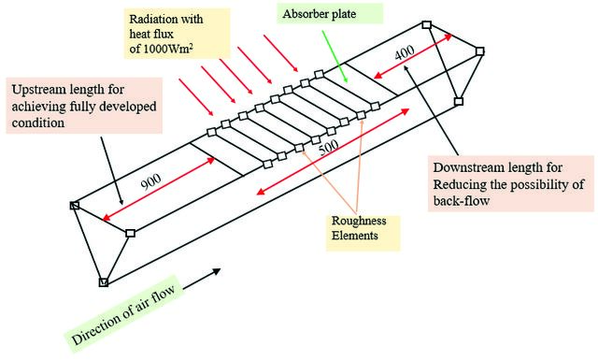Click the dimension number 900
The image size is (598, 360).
click(x=151, y=181)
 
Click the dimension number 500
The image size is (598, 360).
click(x=328, y=147)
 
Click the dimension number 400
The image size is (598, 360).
click(x=405, y=52)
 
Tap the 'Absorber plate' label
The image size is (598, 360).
click(x=320, y=14)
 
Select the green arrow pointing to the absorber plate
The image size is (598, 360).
click(x=335, y=56)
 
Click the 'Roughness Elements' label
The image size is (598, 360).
click(x=359, y=228)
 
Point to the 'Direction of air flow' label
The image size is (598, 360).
click(x=123, y=314)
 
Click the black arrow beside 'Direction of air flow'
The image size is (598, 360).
click(x=202, y=279)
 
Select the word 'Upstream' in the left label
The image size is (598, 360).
click(x=39, y=90)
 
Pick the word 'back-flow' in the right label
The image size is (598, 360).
click(x=461, y=201)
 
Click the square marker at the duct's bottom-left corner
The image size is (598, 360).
click(x=104, y=282)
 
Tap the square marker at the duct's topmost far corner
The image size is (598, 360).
click(x=427, y=25)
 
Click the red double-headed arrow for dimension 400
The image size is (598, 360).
click(x=413, y=56)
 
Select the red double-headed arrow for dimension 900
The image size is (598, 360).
click(x=159, y=189)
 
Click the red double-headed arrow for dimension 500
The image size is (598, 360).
click(x=333, y=151)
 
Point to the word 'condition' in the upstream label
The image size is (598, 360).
click(x=37, y=122)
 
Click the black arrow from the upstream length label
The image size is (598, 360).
click(x=111, y=170)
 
